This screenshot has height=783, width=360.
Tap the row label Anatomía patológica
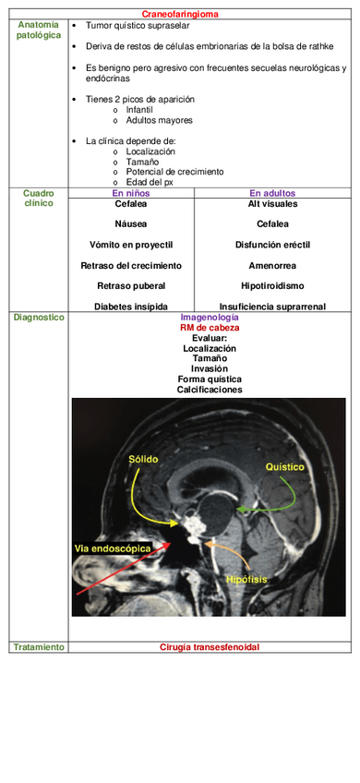pos(38,30)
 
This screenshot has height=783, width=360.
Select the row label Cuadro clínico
pos(39,198)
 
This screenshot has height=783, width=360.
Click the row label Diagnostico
pos(39,317)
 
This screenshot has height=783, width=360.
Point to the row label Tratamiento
pos(39,647)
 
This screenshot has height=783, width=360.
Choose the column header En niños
pos(131,193)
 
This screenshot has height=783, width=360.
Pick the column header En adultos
pos(272,193)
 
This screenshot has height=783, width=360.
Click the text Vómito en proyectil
pos(131,245)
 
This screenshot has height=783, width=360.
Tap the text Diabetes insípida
pos(131,306)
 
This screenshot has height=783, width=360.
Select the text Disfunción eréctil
pos(272,245)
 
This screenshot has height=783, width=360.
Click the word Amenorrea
pos(272,265)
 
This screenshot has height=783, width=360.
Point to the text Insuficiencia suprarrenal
pos(272,306)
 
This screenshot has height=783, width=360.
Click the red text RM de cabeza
pos(210,328)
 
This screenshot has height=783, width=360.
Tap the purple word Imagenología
pos(210,317)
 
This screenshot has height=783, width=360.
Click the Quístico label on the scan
pos(284,467)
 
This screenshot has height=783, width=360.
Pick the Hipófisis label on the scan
pos(246,579)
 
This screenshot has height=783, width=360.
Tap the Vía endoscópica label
pos(112,548)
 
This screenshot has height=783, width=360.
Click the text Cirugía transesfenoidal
pos(210,647)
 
